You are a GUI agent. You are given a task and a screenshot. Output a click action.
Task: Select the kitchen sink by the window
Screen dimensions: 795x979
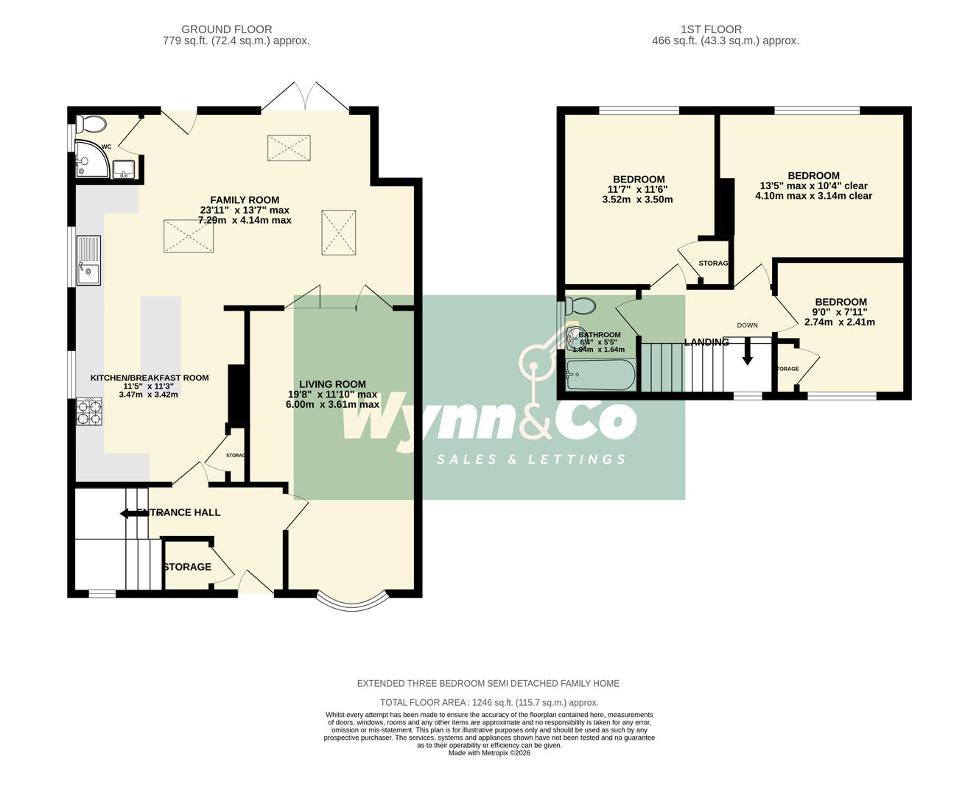(89, 260)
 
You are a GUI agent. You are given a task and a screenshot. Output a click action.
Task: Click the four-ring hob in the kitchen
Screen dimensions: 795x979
(89, 411)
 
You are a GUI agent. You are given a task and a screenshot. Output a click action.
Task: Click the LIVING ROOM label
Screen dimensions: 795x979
(332, 384)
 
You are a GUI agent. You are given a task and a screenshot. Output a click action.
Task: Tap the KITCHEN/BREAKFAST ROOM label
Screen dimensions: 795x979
(149, 378)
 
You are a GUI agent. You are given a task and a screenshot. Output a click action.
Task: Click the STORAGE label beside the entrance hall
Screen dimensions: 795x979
(187, 567)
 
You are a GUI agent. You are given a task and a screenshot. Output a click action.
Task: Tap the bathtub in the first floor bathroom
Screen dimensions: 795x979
(600, 375)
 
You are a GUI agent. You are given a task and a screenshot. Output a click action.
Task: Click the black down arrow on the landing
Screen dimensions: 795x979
(747, 352)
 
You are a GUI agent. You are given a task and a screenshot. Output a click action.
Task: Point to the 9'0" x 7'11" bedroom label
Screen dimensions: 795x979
(840, 312)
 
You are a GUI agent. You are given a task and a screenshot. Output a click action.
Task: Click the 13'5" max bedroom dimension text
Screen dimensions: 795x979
(813, 185)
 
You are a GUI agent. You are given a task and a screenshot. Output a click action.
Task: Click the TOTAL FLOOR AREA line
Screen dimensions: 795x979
(489, 702)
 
